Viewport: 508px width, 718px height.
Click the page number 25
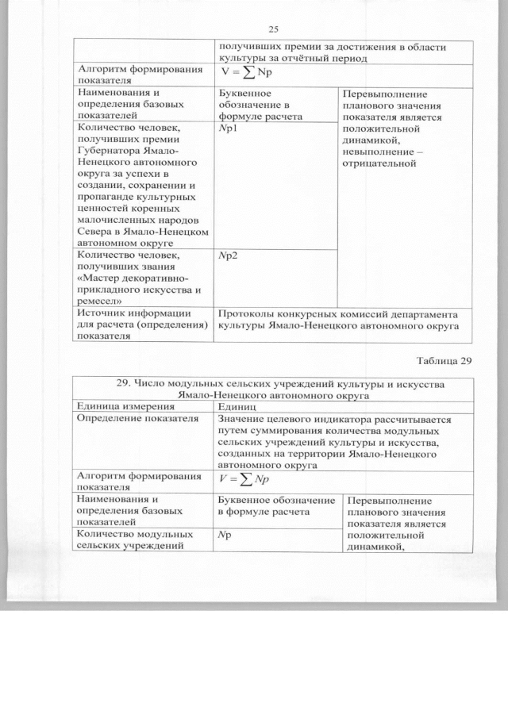point(274,29)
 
